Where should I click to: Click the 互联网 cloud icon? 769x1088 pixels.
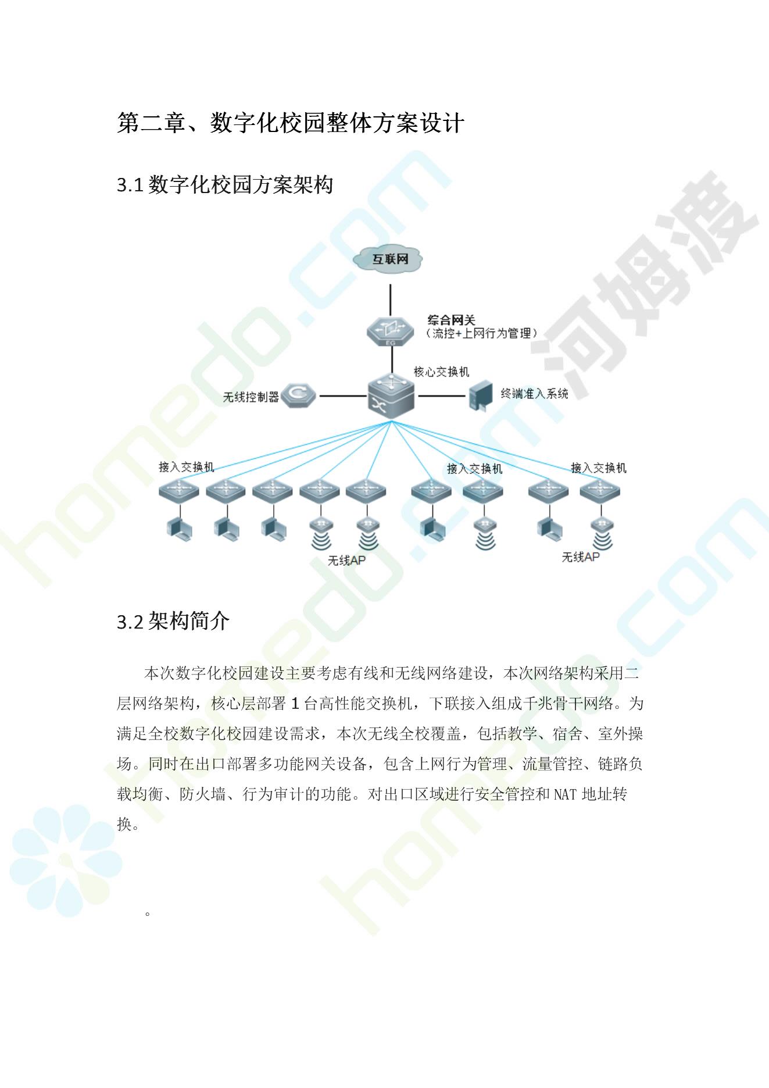389,259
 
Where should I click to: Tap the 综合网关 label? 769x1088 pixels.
451,320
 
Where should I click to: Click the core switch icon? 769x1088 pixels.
391,395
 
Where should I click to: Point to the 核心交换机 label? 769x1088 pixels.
441,372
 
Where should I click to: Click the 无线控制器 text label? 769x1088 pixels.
251,397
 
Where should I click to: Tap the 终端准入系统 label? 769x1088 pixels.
534,394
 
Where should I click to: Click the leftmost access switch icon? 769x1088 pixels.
179,491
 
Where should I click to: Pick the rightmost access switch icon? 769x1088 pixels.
600,491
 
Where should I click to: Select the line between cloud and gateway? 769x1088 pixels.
390,299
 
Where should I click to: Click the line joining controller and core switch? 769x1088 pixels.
343,396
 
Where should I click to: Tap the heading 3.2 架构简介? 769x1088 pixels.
173,621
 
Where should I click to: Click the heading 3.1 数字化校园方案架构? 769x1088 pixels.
225,185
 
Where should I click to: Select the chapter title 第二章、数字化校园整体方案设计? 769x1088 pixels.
291,123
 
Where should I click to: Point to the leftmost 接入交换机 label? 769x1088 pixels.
187,467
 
